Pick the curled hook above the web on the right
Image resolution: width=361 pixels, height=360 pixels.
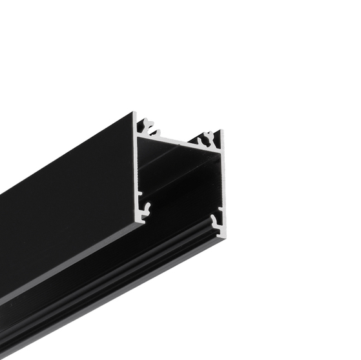tap(208, 137)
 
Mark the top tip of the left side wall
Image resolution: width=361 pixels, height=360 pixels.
tap(134, 115)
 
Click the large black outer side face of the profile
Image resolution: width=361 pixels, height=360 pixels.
tap(65, 213)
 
